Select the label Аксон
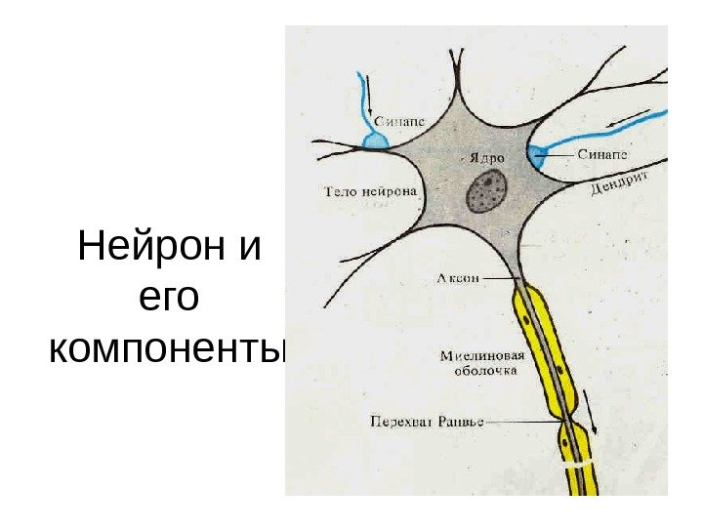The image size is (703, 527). click(x=458, y=279)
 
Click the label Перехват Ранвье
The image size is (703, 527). click(x=427, y=423)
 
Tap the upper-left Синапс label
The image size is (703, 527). click(x=399, y=122)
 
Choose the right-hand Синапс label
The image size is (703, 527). click(x=600, y=154)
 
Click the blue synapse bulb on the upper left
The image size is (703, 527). click(x=375, y=142)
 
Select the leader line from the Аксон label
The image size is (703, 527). click(x=500, y=279)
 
